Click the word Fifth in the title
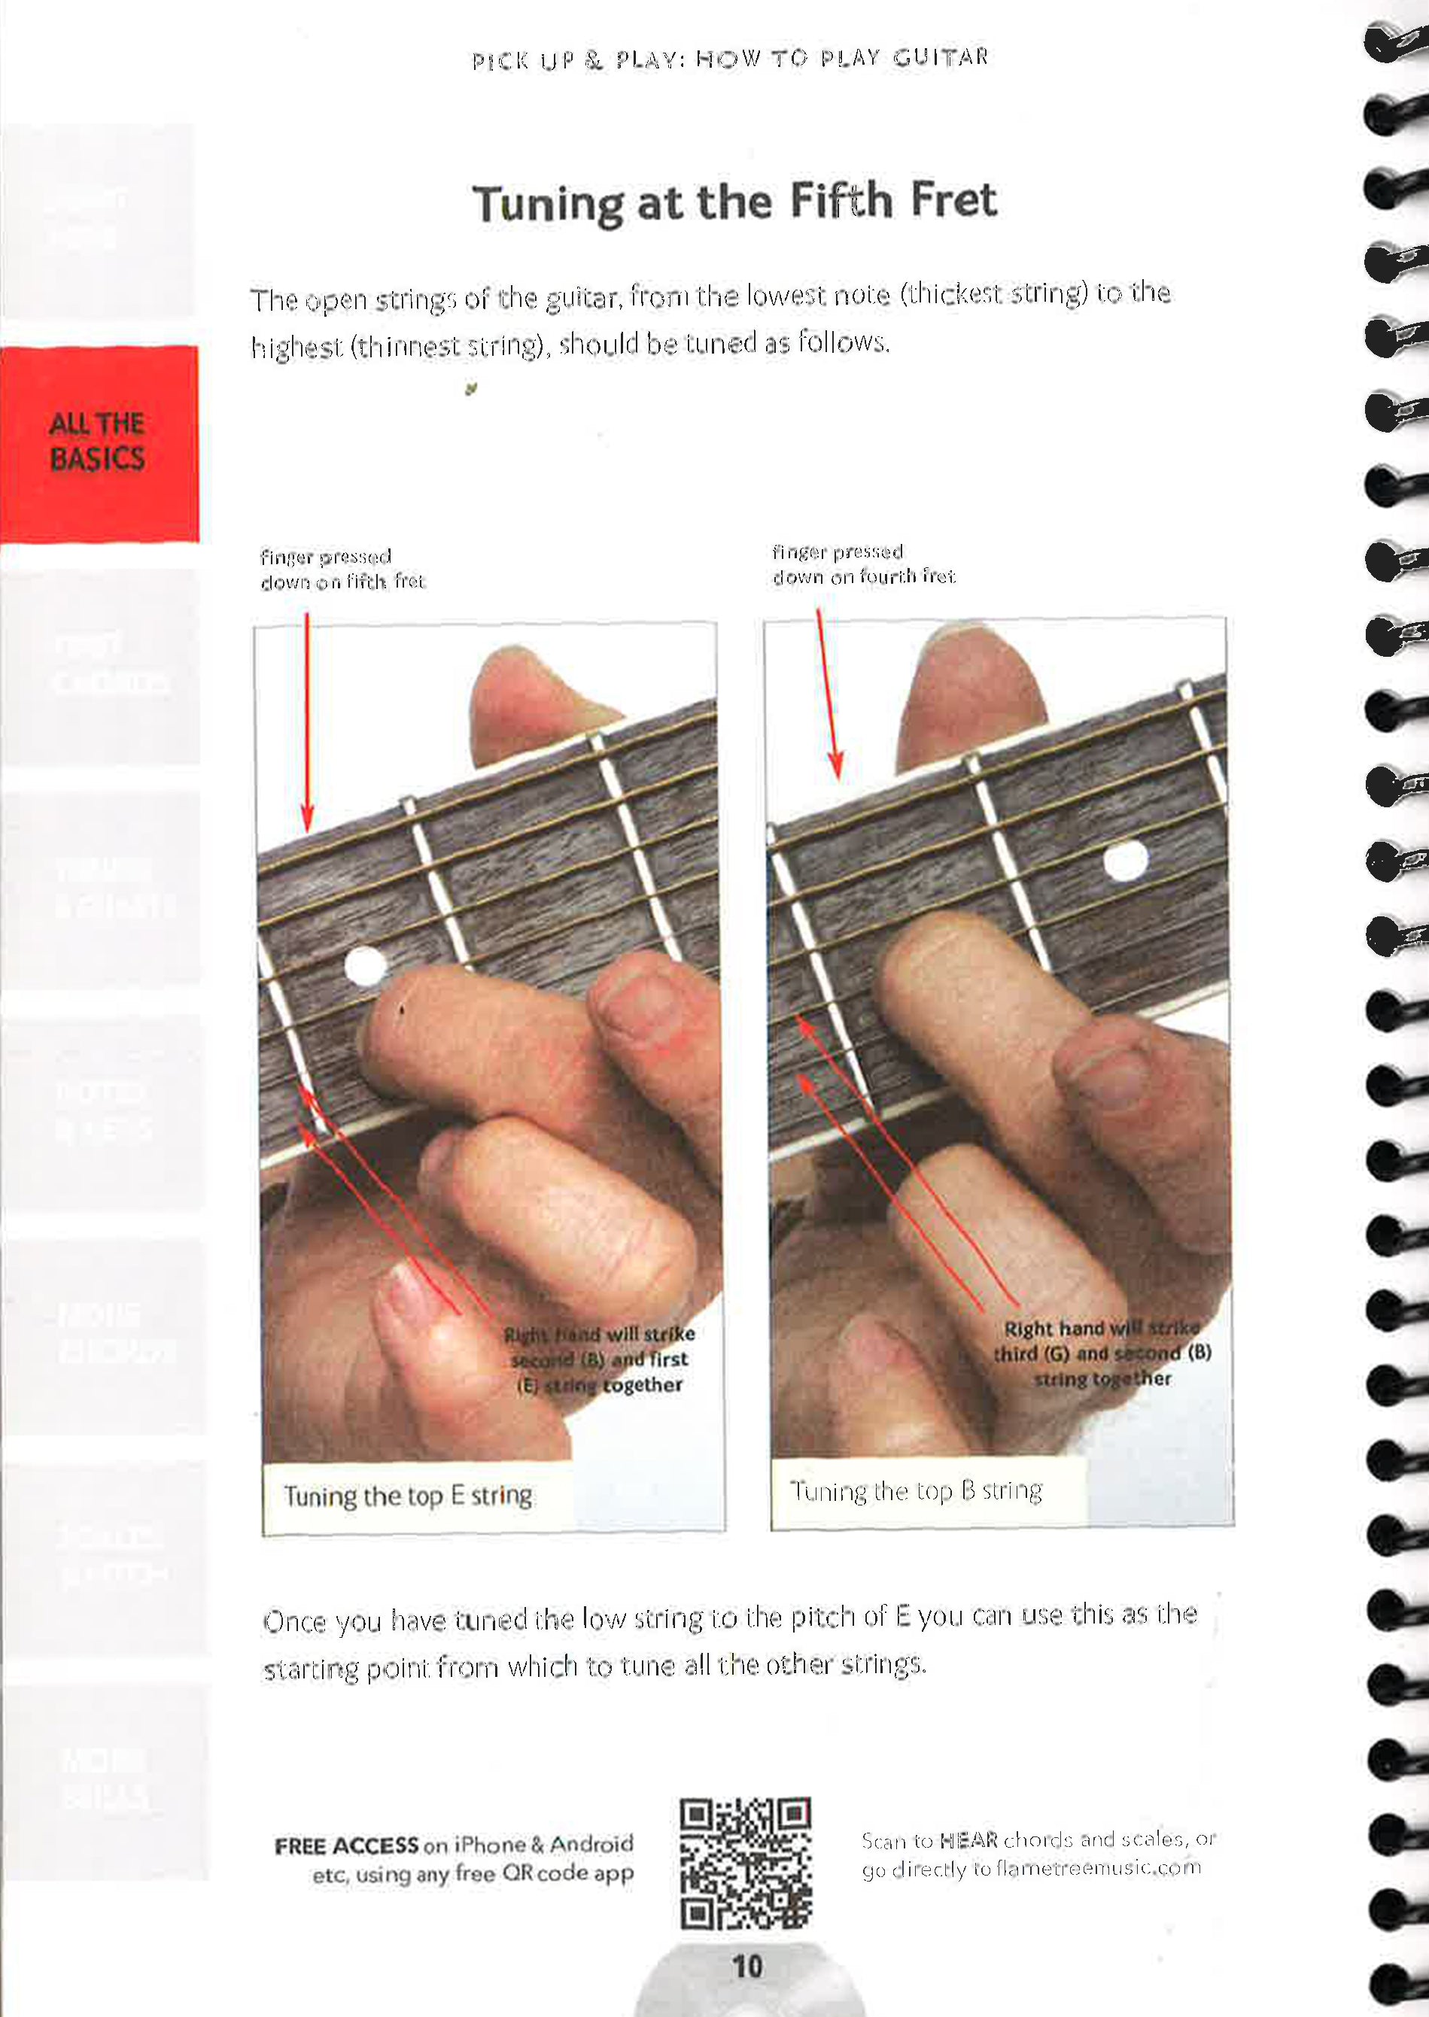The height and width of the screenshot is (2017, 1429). coord(841,201)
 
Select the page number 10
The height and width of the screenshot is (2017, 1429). coord(747,1966)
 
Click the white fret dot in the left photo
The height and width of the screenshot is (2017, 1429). coord(364,967)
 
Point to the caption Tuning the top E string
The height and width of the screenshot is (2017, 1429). coord(407,1496)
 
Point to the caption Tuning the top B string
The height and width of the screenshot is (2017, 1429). coord(916,1490)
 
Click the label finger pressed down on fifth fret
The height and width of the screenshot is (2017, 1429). coord(342,569)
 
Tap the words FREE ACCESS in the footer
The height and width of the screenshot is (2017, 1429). coord(346,1845)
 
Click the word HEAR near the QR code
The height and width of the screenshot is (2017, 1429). coord(968,1839)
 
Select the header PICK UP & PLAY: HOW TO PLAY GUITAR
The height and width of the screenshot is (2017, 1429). coord(731,59)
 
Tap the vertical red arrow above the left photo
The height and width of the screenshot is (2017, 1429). coord(307,721)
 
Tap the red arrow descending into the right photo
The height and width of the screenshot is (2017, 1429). coord(829,695)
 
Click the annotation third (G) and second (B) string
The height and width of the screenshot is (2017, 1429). coord(1102,1353)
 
